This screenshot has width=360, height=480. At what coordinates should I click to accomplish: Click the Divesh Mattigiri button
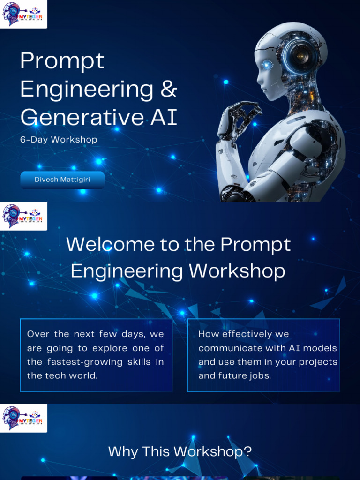click(62, 180)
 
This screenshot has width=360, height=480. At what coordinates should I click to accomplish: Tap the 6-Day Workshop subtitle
click(59, 140)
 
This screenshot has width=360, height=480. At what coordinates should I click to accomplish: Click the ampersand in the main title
click(169, 89)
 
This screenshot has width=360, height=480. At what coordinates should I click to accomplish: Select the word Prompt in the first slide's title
click(62, 61)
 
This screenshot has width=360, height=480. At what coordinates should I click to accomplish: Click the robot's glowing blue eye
click(267, 65)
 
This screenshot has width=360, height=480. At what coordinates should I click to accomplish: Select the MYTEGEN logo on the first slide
click(23, 14)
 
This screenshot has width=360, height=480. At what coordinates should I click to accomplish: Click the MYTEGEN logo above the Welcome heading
click(23, 216)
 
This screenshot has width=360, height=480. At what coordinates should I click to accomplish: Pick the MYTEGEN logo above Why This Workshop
click(23, 418)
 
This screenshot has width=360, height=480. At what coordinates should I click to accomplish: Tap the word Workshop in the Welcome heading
click(237, 271)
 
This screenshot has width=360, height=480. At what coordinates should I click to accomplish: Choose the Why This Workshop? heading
click(180, 451)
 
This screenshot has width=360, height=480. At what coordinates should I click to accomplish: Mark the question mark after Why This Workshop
click(247, 451)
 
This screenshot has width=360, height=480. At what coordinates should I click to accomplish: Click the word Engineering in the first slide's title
click(87, 90)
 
